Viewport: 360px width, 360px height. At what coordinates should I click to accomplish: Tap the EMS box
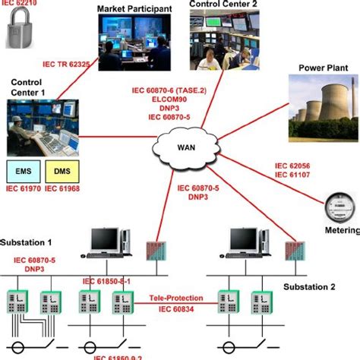(22, 168)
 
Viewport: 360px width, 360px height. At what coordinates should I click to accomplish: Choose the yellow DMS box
(61, 168)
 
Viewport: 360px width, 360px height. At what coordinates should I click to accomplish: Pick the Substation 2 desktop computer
(245, 240)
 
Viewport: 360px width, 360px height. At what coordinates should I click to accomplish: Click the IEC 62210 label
(19, 5)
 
